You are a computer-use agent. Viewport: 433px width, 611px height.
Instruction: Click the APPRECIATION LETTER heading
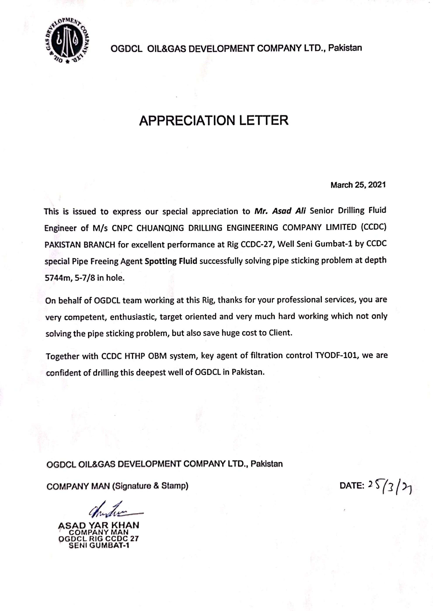click(x=214, y=120)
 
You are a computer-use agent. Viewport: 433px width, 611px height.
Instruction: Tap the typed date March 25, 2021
click(x=358, y=185)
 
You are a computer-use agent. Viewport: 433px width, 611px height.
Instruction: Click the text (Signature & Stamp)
click(x=150, y=486)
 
